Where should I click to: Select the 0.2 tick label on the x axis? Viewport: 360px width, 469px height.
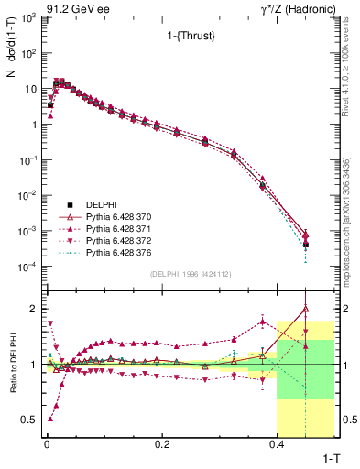(x=162, y=444)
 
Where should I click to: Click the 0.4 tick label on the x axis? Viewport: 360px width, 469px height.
(x=278, y=444)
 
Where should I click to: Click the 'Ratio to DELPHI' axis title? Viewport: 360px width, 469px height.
(x=11, y=364)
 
